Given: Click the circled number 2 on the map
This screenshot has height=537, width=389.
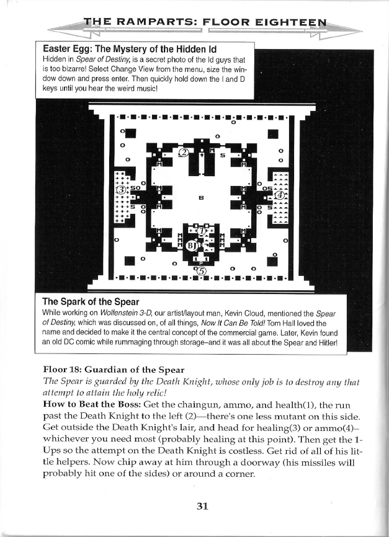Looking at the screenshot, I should [x=183, y=153].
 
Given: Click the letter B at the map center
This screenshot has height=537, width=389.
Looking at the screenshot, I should [x=201, y=198].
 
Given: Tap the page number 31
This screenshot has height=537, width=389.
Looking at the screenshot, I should [x=201, y=505].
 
